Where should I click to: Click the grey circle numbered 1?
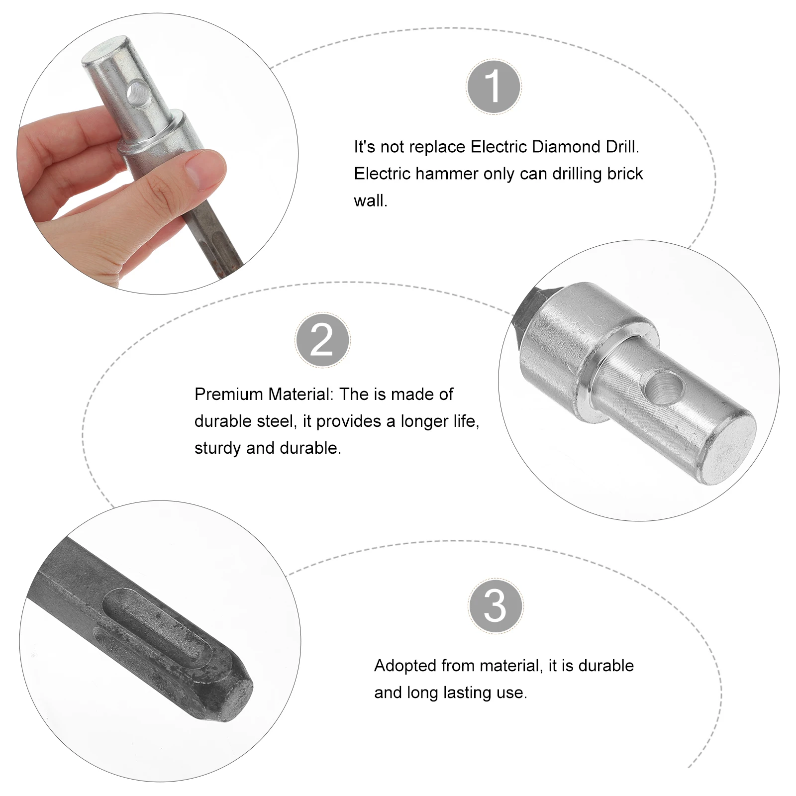[x=494, y=87]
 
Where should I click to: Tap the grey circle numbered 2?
[x=322, y=340]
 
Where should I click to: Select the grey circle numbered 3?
[x=495, y=606]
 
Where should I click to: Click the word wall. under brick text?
[x=370, y=201]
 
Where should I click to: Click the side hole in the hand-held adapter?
[x=136, y=92]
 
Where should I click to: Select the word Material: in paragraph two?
[x=301, y=395]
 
